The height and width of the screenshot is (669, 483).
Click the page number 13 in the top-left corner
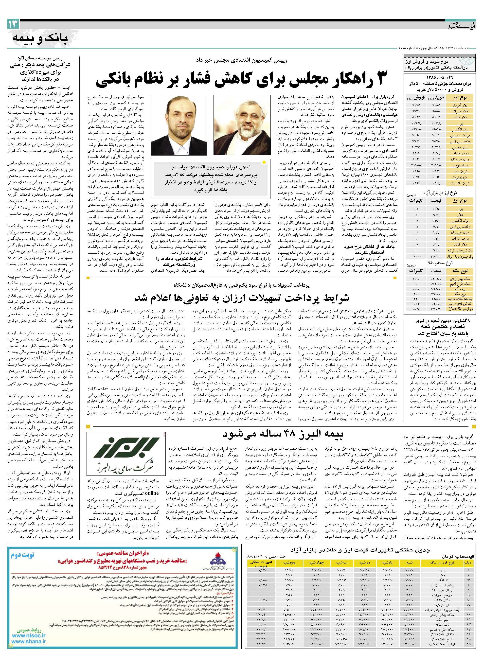(x=14, y=24)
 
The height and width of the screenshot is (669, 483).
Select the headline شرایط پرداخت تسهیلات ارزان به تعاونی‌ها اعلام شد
(x=242, y=298)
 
